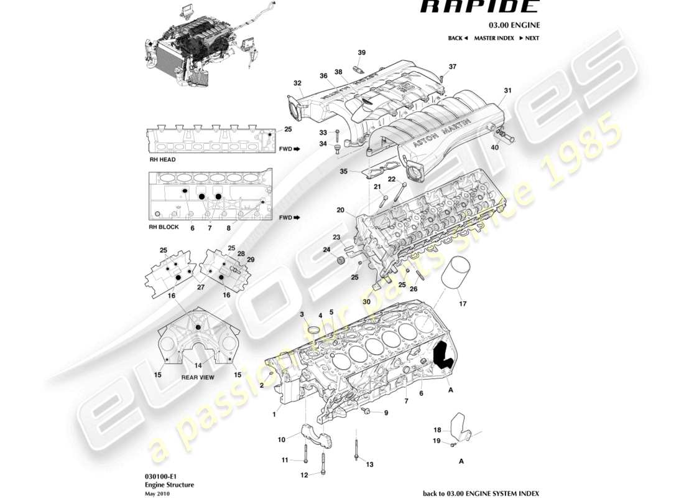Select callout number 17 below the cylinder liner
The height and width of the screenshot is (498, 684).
[462, 304]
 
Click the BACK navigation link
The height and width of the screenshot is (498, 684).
[458, 38]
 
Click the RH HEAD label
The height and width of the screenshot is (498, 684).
[162, 160]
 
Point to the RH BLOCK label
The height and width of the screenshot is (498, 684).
[164, 227]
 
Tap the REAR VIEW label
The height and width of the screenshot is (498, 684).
[197, 377]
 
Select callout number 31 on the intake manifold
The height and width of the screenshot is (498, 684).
[507, 91]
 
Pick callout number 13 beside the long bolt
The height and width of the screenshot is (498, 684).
[369, 464]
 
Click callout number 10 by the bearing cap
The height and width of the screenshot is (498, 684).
[281, 439]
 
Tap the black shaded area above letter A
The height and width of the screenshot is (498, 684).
[443, 356]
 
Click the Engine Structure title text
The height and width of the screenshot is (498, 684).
[170, 485]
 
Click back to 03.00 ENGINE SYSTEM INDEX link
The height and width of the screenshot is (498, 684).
[481, 493]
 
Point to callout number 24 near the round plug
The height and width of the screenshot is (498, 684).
[326, 251]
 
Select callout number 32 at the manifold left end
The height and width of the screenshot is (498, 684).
[297, 83]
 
